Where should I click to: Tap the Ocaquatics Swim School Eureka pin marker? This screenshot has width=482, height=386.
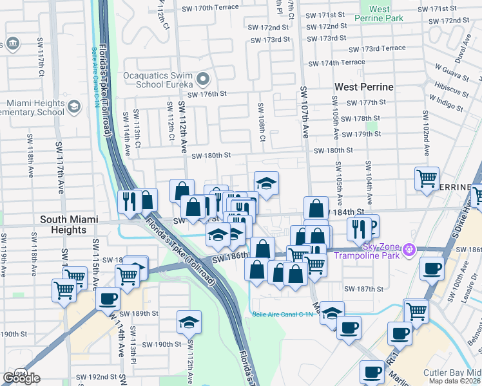[x=203, y=80]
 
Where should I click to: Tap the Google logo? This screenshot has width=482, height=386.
[x=21, y=378]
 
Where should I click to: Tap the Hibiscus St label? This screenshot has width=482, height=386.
[x=450, y=86]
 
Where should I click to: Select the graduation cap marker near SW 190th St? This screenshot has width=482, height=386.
[x=189, y=321]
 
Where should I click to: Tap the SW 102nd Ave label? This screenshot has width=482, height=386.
[x=425, y=133]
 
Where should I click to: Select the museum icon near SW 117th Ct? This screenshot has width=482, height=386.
[x=12, y=44]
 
